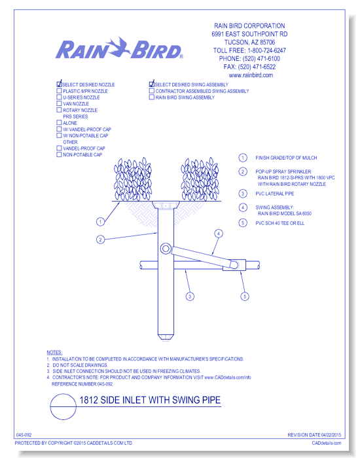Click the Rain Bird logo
pos(119,48)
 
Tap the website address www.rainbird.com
pos(251,75)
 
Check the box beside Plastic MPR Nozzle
pos(59,91)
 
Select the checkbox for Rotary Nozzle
pos(59,110)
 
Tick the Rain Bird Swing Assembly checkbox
pos(152,97)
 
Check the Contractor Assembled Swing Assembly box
pos(152,91)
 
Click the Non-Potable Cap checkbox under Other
pos(59,154)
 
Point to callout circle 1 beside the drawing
pos(101,222)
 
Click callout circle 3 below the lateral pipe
pos(190,296)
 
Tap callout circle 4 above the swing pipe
pos(219,234)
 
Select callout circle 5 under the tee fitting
pos(245,296)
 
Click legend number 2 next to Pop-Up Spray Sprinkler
pos(243,171)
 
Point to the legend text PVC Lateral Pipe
pos(275,194)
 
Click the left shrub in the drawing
pos(133,179)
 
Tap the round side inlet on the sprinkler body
pos(166,249)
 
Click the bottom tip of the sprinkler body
pos(166,340)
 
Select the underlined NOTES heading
pos(54,352)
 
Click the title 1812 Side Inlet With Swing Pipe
pos(150,400)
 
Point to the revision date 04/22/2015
pos(331,435)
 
